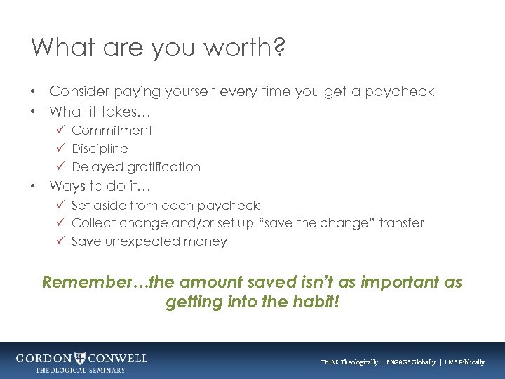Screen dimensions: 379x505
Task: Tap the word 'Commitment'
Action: [112, 131]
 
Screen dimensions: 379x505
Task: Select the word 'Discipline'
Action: [100, 149]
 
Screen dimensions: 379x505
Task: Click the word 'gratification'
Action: [163, 167]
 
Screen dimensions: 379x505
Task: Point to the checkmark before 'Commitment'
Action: [60, 130]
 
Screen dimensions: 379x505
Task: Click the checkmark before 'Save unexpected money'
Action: [60, 241]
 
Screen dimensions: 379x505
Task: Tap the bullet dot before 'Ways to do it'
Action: [34, 187]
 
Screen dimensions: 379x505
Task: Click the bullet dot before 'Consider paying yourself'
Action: [34, 92]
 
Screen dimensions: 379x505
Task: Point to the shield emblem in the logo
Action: [82, 358]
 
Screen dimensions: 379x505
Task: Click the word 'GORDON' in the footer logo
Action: [44, 358]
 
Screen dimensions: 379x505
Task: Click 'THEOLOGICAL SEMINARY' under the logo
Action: [81, 370]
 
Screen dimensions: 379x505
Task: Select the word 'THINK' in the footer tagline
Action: [330, 362]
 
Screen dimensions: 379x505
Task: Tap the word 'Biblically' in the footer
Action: [469, 362]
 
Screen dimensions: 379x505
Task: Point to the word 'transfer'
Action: [401, 223]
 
